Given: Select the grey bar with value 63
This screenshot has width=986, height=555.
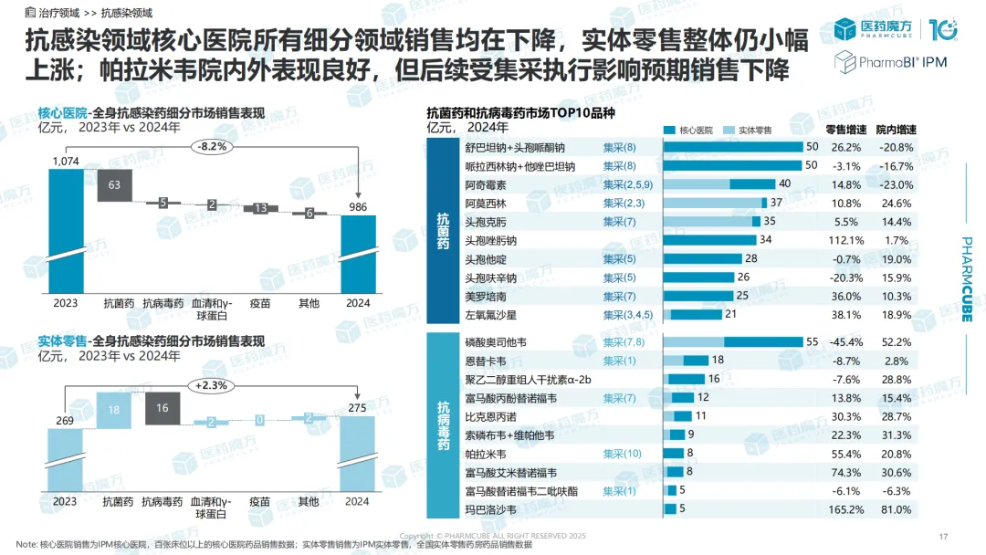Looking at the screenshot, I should (x=114, y=184).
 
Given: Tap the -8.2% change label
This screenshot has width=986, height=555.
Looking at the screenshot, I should (x=210, y=146).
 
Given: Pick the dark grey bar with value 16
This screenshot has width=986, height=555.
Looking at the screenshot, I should (x=163, y=408).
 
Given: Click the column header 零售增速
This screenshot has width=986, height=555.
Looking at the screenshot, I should (x=844, y=130).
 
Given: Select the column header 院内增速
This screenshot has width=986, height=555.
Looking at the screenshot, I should (x=896, y=130).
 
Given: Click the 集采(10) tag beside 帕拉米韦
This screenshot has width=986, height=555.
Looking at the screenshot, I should (x=623, y=453).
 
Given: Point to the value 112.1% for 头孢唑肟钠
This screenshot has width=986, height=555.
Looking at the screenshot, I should (x=844, y=240).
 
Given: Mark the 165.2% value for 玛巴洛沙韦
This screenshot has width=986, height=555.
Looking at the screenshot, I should (x=844, y=508).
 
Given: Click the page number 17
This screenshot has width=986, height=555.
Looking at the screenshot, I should (x=944, y=536).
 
